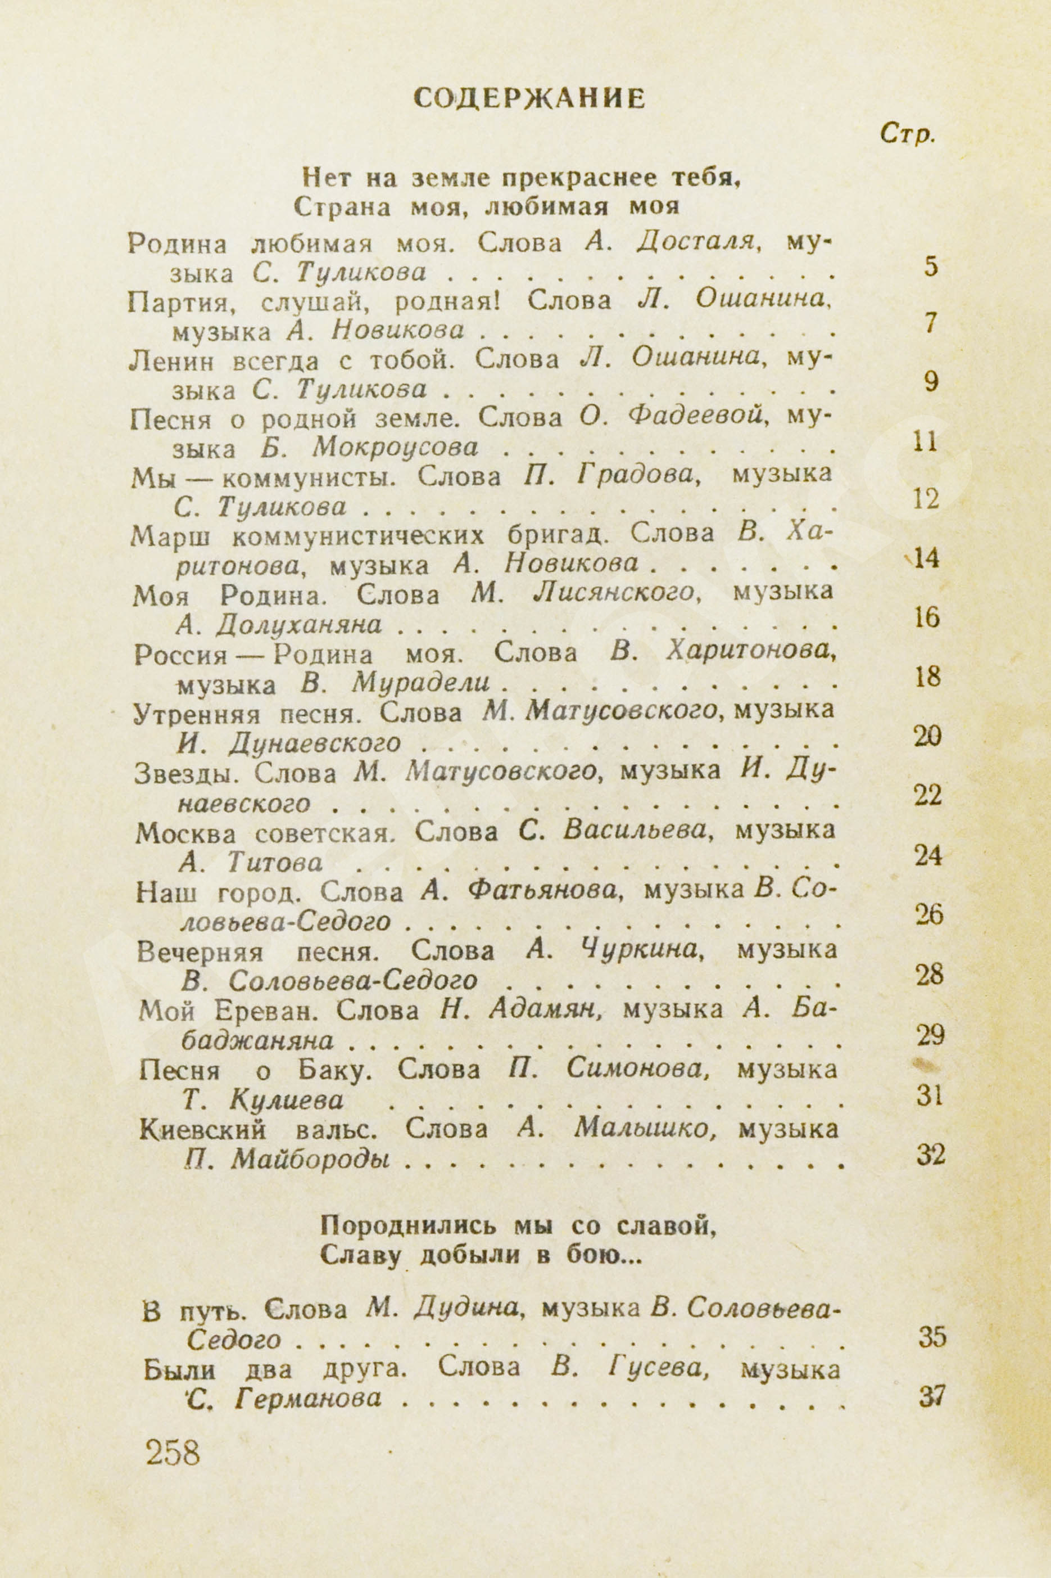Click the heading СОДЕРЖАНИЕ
coord(529,98)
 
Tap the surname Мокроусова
coord(396,447)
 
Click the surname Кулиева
coord(286,1101)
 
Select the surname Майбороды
coord(311,1160)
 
